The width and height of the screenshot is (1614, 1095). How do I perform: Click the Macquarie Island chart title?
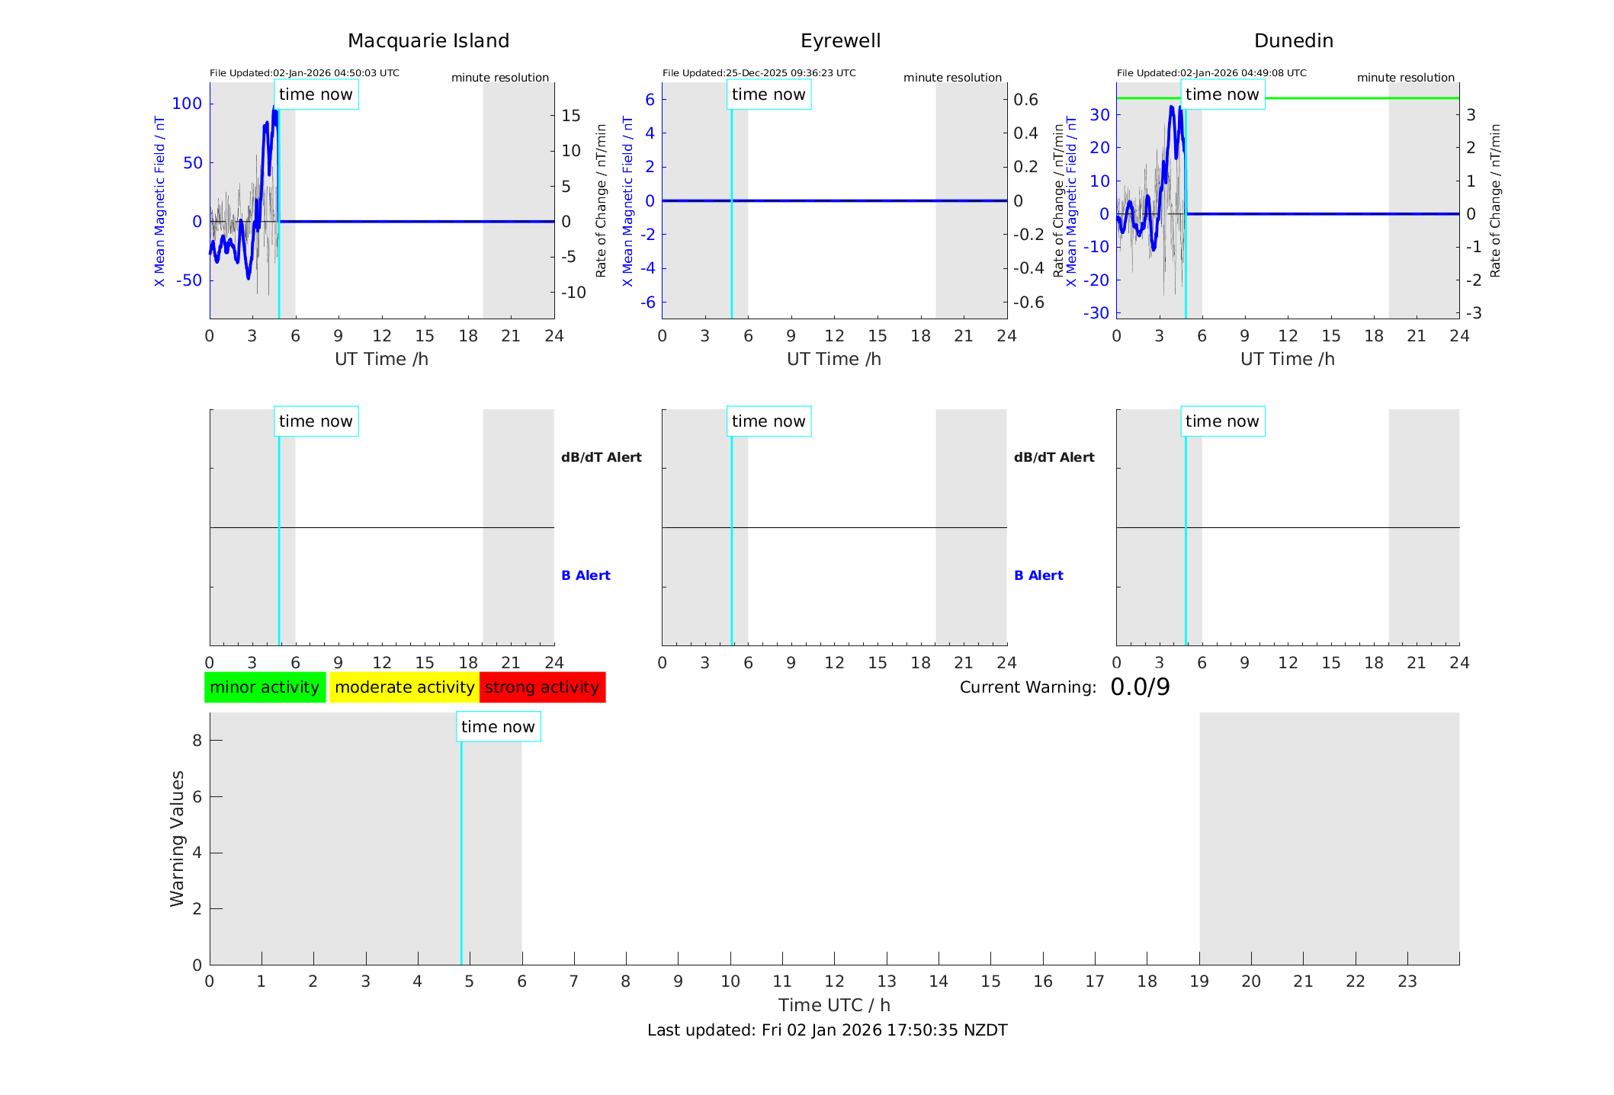pyautogui.click(x=428, y=41)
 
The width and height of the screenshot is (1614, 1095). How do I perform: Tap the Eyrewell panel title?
pyautogui.click(x=840, y=41)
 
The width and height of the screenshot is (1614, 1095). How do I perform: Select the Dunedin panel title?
pyautogui.click(x=1293, y=41)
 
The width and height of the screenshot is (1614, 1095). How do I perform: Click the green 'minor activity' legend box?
pyautogui.click(x=265, y=687)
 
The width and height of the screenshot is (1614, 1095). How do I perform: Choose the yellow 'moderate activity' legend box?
pyautogui.click(x=404, y=687)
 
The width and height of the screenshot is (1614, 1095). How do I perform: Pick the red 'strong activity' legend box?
pyautogui.click(x=542, y=687)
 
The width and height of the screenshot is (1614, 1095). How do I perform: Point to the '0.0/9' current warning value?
pyautogui.click(x=1140, y=687)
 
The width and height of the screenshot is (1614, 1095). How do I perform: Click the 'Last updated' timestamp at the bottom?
pyautogui.click(x=827, y=1030)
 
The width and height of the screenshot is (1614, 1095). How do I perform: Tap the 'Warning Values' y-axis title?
pyautogui.click(x=177, y=838)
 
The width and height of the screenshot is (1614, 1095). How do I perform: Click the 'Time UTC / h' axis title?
pyautogui.click(x=834, y=1005)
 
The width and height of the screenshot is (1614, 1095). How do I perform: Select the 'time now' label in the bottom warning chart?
pyautogui.click(x=498, y=727)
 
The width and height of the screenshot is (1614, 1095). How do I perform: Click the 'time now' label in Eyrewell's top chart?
pyautogui.click(x=768, y=94)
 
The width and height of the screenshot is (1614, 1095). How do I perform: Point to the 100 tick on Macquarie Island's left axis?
pyautogui.click(x=187, y=104)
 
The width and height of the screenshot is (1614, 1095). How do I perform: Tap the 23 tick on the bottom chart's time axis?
pyautogui.click(x=1407, y=981)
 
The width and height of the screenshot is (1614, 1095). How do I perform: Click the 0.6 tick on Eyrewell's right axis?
pyautogui.click(x=1025, y=100)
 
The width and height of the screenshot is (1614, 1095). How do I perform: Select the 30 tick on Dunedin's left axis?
pyautogui.click(x=1099, y=115)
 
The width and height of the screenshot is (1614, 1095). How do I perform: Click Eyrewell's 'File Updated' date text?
pyautogui.click(x=759, y=73)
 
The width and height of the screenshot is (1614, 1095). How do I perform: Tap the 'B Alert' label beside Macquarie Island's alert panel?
pyautogui.click(x=586, y=575)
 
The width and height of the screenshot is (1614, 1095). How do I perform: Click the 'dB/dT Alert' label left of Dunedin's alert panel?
pyautogui.click(x=1054, y=457)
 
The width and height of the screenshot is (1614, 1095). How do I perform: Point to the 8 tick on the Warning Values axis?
pyautogui.click(x=197, y=741)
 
